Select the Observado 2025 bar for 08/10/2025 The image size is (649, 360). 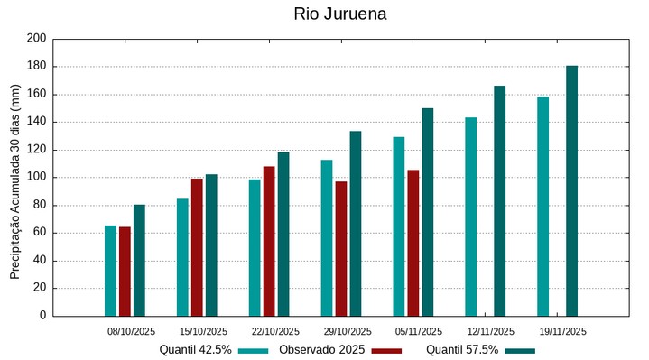(x=125, y=271)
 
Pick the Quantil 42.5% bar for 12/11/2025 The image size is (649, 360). (x=470, y=217)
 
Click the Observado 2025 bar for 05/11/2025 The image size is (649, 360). (x=413, y=243)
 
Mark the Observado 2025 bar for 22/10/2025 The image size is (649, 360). (x=269, y=241)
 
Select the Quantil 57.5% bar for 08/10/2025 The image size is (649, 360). (x=139, y=260)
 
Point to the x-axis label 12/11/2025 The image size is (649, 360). (x=492, y=331)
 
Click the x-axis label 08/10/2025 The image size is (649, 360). (x=131, y=331)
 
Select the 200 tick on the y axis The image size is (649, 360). (x=36, y=39)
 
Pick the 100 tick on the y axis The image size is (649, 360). (x=36, y=178)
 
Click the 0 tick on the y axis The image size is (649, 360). (x=42, y=316)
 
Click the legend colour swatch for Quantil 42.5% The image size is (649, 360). (x=255, y=350)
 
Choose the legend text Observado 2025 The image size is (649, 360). (x=321, y=350)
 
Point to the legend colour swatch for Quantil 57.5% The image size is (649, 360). (x=520, y=350)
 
